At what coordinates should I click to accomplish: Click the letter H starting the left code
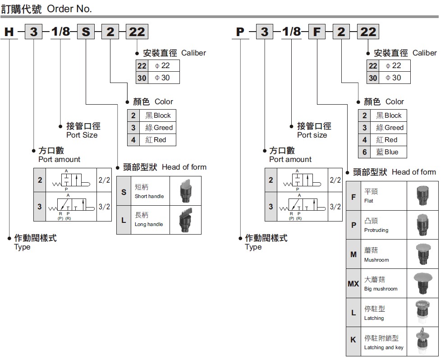tap(9, 32)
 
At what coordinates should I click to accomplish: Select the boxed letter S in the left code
tap(86, 32)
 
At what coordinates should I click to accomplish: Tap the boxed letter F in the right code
tap(317, 32)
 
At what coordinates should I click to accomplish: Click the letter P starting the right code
tap(240, 32)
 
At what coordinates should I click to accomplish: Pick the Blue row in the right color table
tap(382, 152)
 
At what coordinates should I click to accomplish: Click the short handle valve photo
tap(186, 190)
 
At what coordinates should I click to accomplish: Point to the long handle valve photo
tap(186, 220)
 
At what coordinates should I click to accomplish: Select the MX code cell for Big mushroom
tap(353, 283)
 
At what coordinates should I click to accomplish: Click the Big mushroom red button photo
tap(423, 283)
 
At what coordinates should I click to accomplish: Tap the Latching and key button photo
tap(423, 341)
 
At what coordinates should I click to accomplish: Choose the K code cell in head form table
tap(353, 340)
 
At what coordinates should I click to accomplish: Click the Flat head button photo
tap(423, 195)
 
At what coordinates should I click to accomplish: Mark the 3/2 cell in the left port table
tap(104, 207)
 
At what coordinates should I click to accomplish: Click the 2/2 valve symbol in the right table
tap(302, 180)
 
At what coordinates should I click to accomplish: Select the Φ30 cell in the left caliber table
tap(162, 78)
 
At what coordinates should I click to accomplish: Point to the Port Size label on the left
tap(82, 135)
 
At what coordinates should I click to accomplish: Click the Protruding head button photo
tap(423, 225)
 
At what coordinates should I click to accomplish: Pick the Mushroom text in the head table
tap(376, 260)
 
